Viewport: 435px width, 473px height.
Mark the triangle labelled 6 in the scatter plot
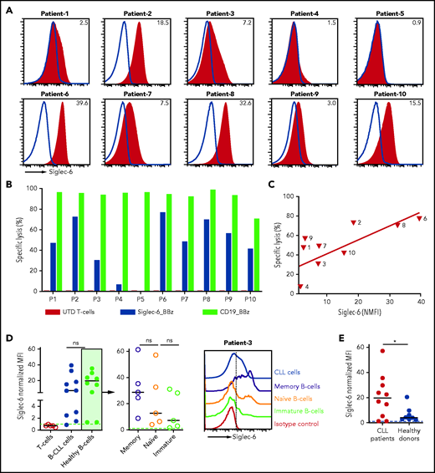[x=419, y=218]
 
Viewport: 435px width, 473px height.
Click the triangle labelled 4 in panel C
[x=301, y=286]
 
